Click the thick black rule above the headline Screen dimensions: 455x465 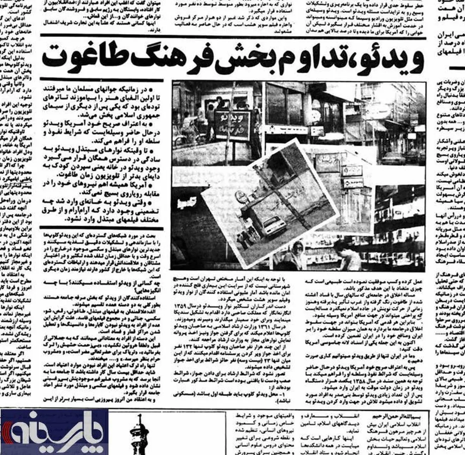point(232,37)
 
